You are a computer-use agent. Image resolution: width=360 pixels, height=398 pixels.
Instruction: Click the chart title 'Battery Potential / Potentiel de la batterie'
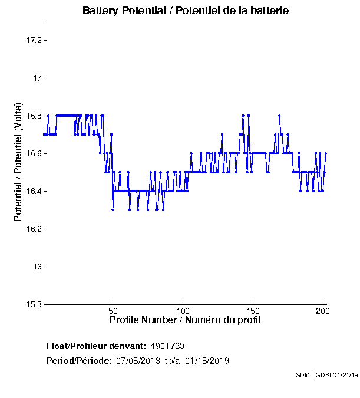click(186, 11)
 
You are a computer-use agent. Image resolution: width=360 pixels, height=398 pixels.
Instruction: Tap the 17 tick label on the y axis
click(35, 78)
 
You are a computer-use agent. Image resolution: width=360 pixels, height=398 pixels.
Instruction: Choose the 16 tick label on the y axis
click(35, 267)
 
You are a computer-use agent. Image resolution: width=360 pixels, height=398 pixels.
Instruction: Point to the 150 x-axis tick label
click(253, 310)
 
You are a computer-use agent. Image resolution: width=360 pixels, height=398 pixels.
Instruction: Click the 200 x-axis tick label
click(322, 310)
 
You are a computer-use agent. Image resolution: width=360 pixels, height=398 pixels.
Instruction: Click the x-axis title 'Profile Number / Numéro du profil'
click(185, 320)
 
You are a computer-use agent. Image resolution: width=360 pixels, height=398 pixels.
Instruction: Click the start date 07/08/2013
click(137, 360)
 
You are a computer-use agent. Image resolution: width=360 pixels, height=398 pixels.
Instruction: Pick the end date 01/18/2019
click(207, 360)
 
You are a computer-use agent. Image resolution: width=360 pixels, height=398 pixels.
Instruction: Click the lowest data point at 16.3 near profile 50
click(113, 210)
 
